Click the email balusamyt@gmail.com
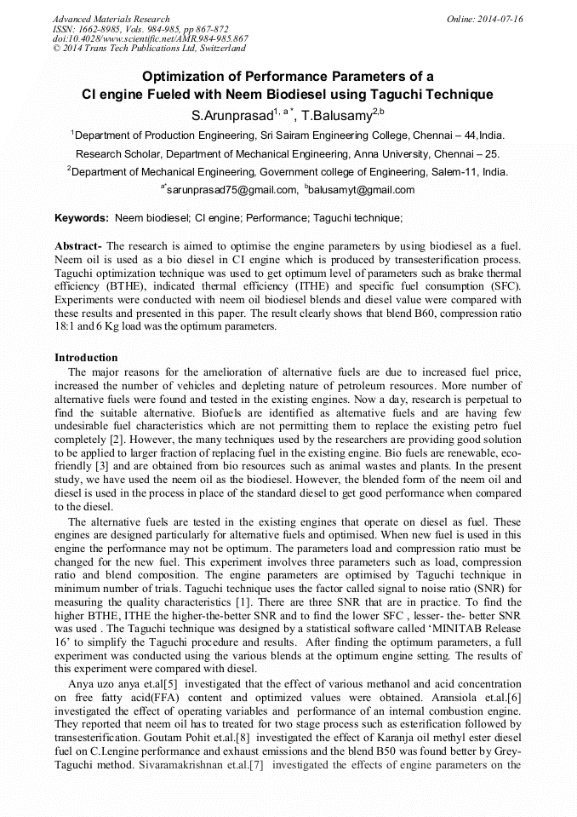(364, 189)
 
